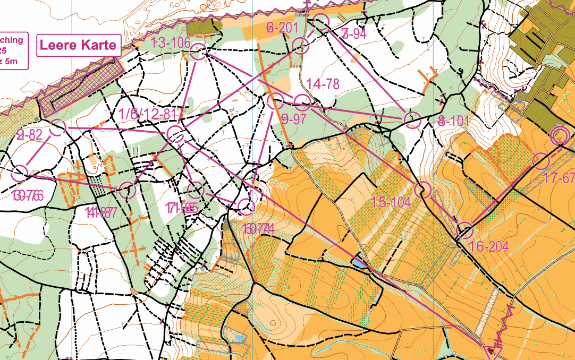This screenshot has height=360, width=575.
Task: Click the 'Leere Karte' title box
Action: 78,45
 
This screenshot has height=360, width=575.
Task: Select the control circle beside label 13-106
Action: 198,53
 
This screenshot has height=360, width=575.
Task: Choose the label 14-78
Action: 323,83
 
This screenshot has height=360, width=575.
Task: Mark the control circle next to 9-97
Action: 275,101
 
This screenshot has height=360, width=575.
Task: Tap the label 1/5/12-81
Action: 147,114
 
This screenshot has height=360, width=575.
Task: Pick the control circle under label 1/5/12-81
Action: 175,134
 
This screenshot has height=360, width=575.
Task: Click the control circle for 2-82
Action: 57,127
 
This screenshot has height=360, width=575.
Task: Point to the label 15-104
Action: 391,202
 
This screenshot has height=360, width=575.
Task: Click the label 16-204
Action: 489,246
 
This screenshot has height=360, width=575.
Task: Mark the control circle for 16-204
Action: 465,230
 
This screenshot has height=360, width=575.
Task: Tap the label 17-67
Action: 560,178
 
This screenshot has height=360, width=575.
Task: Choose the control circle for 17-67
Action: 540,160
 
